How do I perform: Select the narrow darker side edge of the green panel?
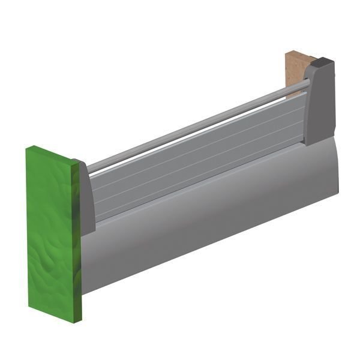click(x=77, y=240)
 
